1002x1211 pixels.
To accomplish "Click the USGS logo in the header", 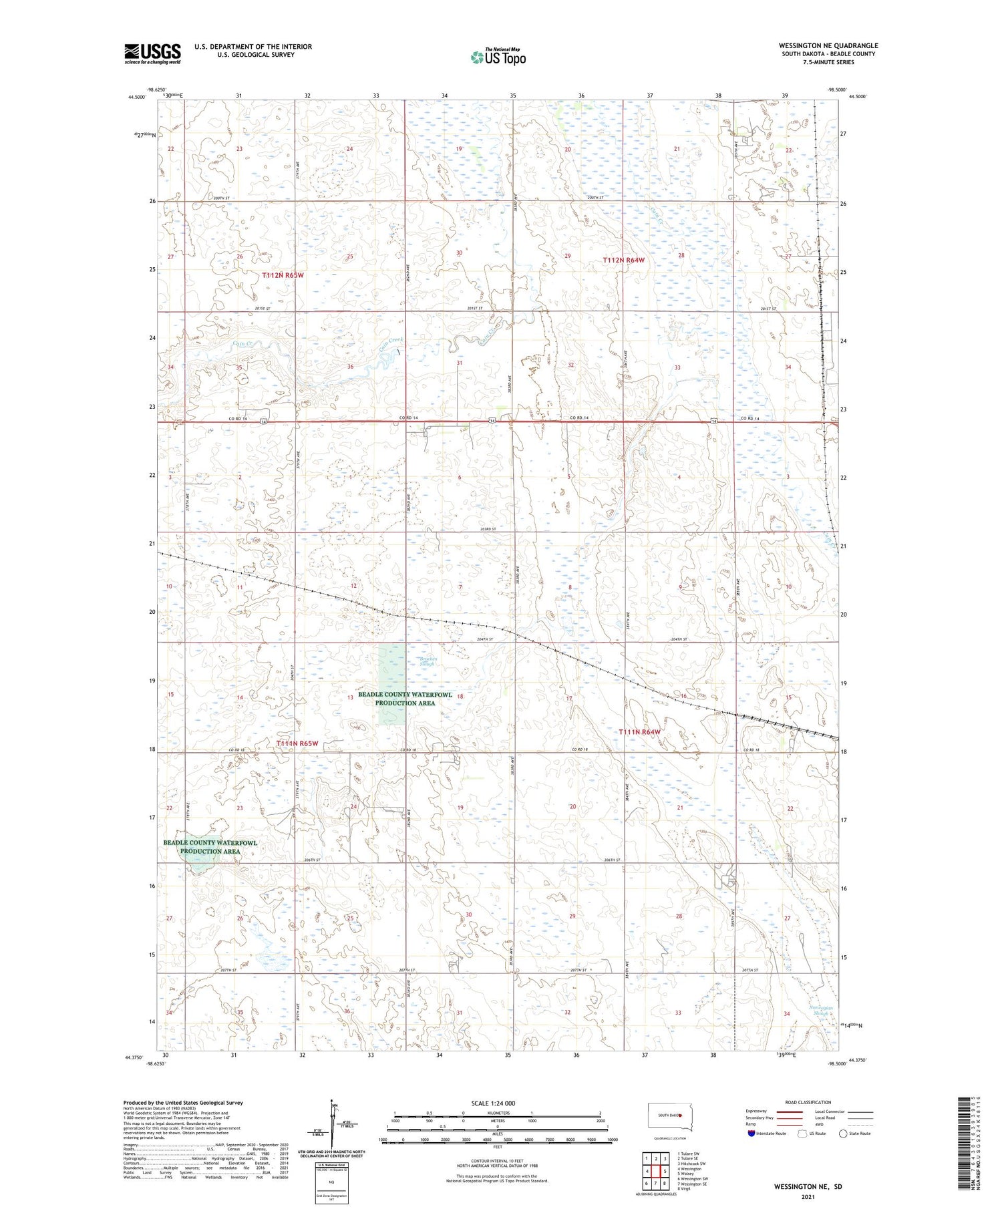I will point(152,53).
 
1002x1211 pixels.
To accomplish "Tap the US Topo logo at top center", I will point(498,57).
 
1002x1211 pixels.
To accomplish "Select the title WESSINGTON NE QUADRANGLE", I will point(828,45).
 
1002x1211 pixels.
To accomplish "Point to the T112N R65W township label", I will point(283,275).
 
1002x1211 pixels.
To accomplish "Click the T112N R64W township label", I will point(624,260).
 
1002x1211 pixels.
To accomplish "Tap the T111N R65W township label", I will point(297,743).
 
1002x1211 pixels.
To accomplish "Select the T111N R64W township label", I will point(640,732).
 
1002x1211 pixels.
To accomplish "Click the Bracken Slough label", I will point(428,661).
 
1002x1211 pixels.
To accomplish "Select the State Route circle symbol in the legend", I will point(844,1134).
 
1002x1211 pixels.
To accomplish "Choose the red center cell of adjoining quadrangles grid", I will point(656,1171).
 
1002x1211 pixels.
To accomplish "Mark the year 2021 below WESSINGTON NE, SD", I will point(808,1196).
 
